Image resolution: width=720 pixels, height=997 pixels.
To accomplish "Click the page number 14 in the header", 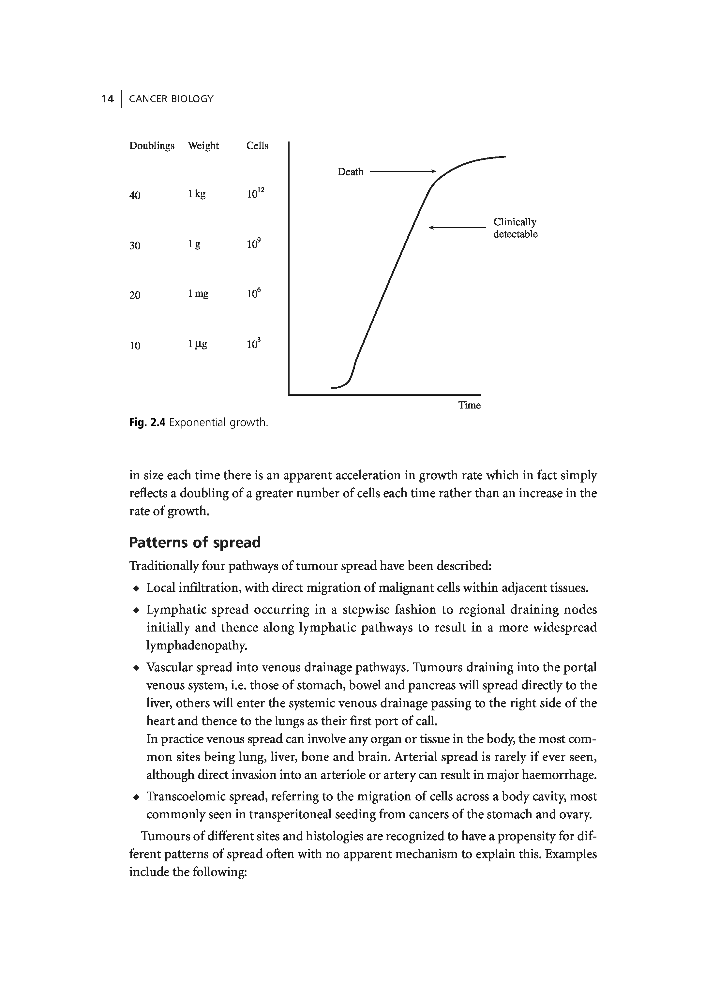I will coord(107,99).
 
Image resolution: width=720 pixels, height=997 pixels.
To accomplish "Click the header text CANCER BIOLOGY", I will coord(171,99).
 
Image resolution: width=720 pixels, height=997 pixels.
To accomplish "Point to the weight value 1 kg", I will coord(197,194).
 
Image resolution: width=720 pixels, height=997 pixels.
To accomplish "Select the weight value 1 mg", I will coord(198,294).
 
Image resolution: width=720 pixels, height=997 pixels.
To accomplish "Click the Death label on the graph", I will coord(350,172).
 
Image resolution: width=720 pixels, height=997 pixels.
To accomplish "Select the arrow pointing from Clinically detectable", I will coord(457,227).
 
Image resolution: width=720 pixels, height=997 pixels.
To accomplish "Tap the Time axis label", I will coord(470,405).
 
